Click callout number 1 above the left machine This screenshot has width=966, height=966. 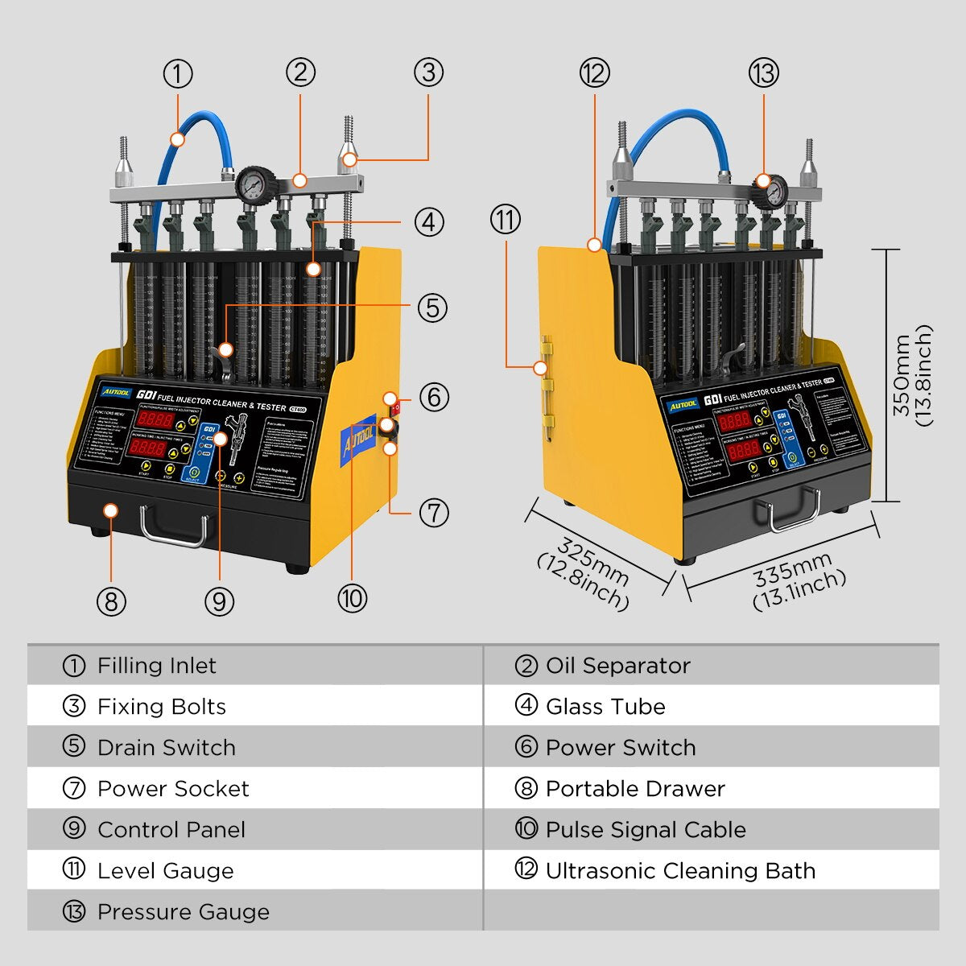pyautogui.click(x=178, y=74)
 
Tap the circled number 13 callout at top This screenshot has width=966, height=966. pyautogui.click(x=763, y=73)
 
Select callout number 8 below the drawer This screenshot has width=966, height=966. pyautogui.click(x=111, y=601)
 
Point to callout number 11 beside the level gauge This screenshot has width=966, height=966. pyautogui.click(x=506, y=220)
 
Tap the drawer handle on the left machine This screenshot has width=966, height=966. pyautogui.click(x=174, y=526)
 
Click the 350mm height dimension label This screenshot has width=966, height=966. pyautogui.click(x=913, y=375)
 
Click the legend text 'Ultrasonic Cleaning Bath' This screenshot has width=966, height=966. pyautogui.click(x=680, y=871)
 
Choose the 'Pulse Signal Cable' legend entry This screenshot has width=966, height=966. pyautogui.click(x=646, y=830)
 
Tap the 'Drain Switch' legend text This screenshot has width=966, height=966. pyautogui.click(x=167, y=748)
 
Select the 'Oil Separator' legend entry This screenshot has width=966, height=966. pyautogui.click(x=617, y=666)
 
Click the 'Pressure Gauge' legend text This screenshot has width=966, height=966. pyautogui.click(x=184, y=912)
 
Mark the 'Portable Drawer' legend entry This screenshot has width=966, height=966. pyautogui.click(x=635, y=789)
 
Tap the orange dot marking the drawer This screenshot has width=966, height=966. pyautogui.click(x=111, y=510)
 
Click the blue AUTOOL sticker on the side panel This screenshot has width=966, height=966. pyautogui.click(x=357, y=437)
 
